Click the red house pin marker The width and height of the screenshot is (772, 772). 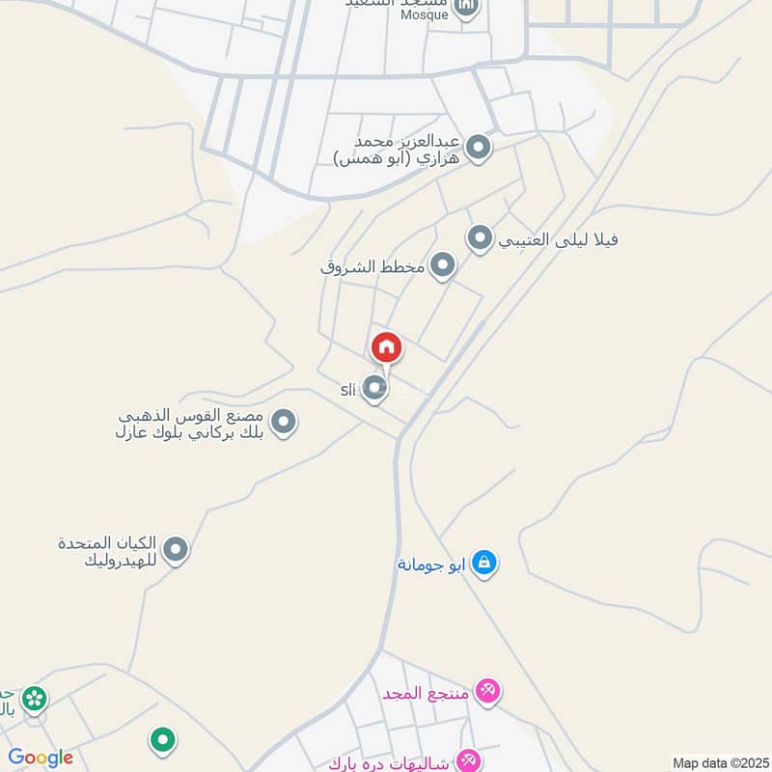click(386, 347)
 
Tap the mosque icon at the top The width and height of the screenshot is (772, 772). click(467, 10)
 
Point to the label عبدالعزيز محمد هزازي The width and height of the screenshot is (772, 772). click(398, 150)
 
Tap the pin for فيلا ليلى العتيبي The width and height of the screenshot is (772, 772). click(481, 237)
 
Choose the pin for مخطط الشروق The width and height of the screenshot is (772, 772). click(442, 264)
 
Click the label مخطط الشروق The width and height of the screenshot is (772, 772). click(373, 265)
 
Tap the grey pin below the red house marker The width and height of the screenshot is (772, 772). click(375, 389)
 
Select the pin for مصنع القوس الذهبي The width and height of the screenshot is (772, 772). click(283, 422)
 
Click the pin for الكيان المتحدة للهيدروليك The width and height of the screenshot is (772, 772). click(175, 550)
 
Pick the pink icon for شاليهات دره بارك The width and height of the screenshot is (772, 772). click(469, 761)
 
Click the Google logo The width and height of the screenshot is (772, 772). click(41, 758)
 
